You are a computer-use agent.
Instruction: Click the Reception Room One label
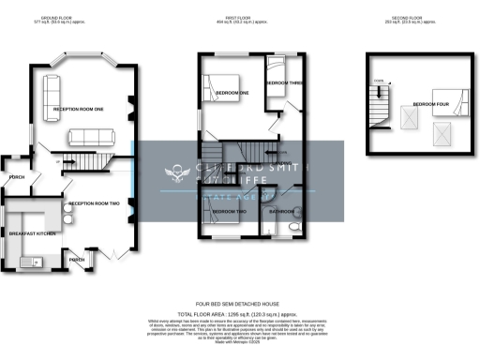pyautogui.click(x=78, y=109)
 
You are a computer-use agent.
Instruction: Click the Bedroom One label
pyautogui.click(x=232, y=94)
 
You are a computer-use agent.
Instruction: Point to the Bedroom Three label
pyautogui.click(x=284, y=83)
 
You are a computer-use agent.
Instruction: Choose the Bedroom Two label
pyautogui.click(x=228, y=213)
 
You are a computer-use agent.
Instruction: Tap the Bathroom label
pyautogui.click(x=282, y=212)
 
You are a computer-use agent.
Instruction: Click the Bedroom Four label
pyautogui.click(x=430, y=103)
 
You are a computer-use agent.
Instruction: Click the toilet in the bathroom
pyautogui.click(x=292, y=227)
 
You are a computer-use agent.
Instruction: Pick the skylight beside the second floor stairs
pyautogui.click(x=410, y=117)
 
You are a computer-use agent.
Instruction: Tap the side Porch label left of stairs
pyautogui.click(x=17, y=176)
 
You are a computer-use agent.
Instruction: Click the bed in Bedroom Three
pyautogui.click(x=278, y=69)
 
